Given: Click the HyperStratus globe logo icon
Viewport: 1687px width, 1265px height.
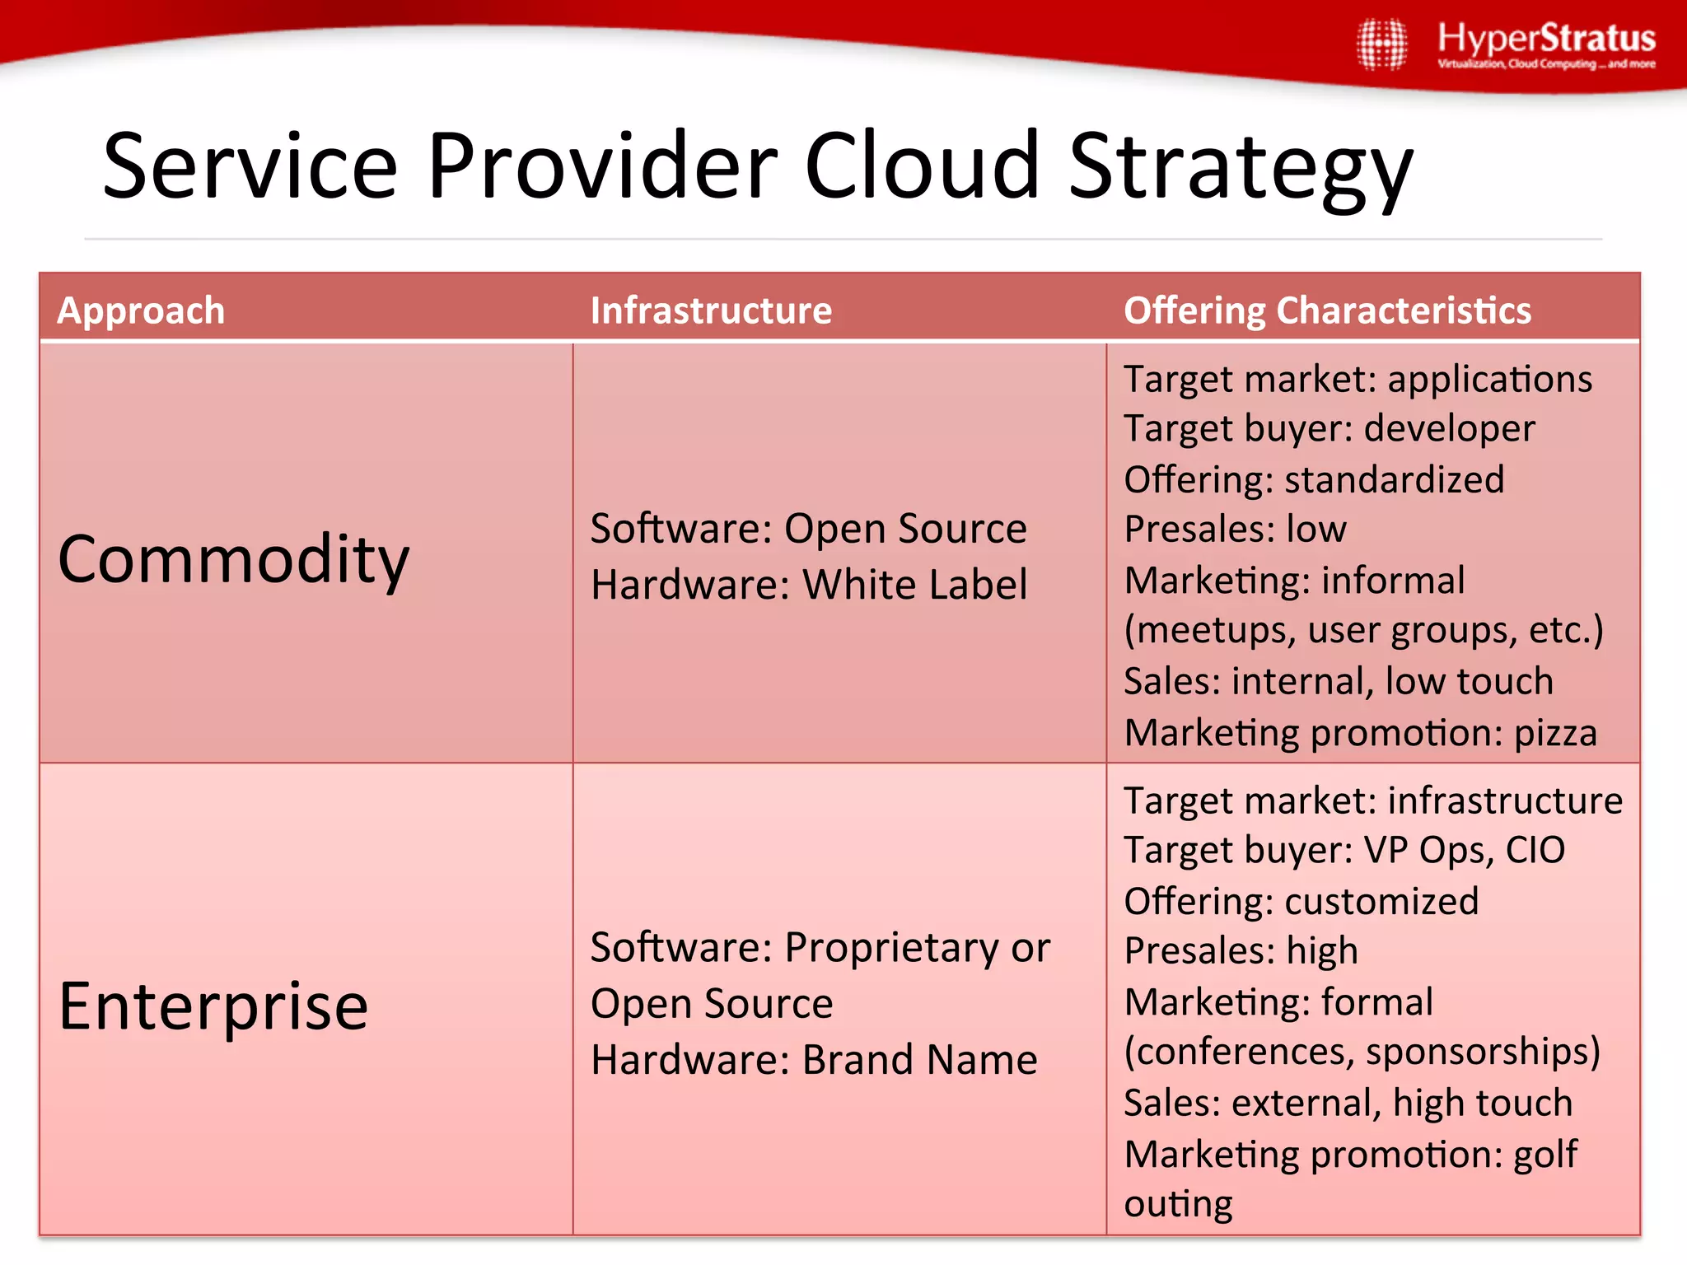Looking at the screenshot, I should point(1382,44).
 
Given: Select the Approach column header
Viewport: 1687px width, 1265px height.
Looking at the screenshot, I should point(141,310).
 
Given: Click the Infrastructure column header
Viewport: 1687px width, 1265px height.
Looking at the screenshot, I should point(711,310).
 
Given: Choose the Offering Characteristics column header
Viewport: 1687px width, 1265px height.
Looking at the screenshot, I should point(1327,310).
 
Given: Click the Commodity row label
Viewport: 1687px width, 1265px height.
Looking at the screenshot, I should point(234,560).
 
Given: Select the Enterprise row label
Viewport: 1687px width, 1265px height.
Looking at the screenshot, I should point(213,1006).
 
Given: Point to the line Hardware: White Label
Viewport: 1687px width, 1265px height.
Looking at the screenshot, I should point(809,585).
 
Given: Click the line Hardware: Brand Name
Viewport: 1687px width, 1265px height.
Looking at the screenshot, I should point(814,1060).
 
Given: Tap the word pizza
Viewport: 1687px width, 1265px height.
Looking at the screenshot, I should point(1555,733).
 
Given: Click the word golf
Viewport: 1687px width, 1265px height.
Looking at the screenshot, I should point(1545,1155).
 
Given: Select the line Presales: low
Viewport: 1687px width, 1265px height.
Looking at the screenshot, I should point(1235,529).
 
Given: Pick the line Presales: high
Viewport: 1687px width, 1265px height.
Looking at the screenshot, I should point(1241,951).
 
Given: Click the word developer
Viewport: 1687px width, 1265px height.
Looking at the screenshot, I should point(1449,429).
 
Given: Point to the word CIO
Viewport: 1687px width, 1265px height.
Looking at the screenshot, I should point(1535,850).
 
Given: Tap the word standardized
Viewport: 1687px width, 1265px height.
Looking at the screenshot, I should point(1394,479).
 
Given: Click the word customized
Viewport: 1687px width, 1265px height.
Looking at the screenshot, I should point(1381,901).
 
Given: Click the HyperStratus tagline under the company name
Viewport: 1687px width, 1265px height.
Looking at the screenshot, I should point(1546,64).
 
